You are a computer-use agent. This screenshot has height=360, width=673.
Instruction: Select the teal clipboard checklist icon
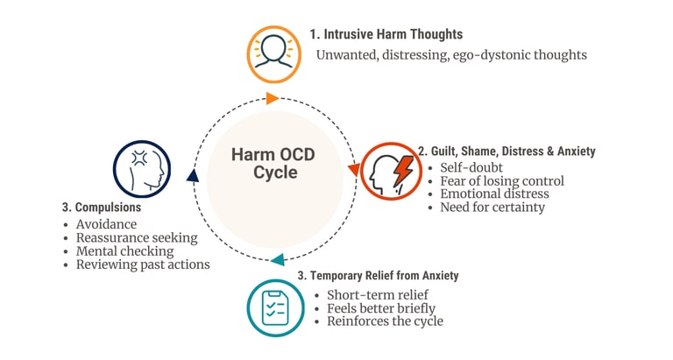[x=275, y=307]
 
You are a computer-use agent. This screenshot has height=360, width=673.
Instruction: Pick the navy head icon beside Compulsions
[x=141, y=168]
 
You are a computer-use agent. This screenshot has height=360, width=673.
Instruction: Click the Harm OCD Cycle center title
[x=275, y=163]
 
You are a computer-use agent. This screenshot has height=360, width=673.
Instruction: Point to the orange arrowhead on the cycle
[x=273, y=97]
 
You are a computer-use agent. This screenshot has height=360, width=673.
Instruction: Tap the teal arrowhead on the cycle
[x=277, y=259]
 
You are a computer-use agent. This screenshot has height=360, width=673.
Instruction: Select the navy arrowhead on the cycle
[x=193, y=176]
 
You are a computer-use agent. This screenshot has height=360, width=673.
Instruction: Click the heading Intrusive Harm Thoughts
[x=386, y=34]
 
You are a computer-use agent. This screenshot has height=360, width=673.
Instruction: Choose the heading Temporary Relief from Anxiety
[x=378, y=276]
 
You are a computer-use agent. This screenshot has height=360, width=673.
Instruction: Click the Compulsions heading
[x=103, y=208]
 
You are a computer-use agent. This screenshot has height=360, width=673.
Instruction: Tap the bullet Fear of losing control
[x=501, y=180]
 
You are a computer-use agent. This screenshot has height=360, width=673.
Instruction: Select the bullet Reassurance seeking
[x=136, y=237]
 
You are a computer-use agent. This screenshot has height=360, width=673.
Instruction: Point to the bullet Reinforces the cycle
[x=385, y=321]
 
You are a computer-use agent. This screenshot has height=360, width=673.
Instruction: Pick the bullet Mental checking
[x=125, y=251]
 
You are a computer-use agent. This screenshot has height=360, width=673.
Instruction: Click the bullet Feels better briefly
[x=380, y=307]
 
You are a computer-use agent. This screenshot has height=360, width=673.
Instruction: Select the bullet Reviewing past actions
[x=142, y=264]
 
